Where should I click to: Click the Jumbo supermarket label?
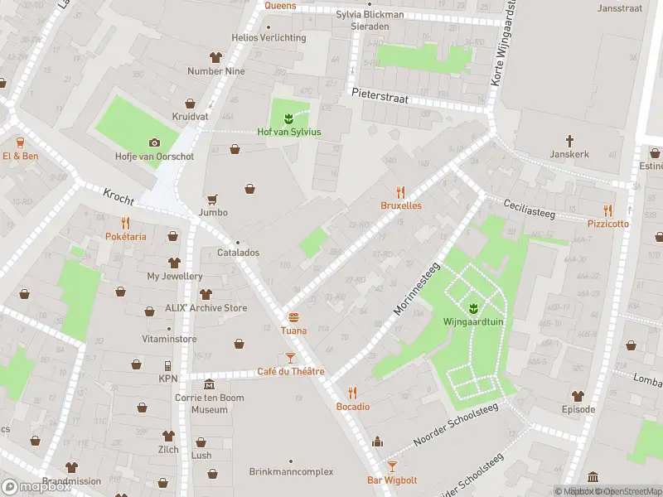click(213, 213)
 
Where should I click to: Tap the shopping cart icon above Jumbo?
click(213, 199)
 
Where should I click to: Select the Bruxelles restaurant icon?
click(401, 191)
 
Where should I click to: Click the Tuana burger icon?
click(293, 317)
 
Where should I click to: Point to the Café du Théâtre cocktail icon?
click(290, 358)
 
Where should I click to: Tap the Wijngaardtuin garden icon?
click(473, 309)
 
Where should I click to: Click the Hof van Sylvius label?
click(289, 133)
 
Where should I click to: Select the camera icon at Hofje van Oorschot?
click(153, 142)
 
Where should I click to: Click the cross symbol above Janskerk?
click(569, 141)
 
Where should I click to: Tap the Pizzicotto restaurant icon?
click(607, 210)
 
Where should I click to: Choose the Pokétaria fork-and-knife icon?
click(125, 223)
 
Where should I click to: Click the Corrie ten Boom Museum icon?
click(209, 384)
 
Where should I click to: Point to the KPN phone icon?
click(168, 365)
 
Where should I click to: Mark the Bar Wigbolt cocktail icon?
click(392, 467)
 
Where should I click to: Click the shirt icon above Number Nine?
click(216, 57)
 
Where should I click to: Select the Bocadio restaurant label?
click(352, 407)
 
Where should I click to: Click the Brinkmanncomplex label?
click(291, 472)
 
